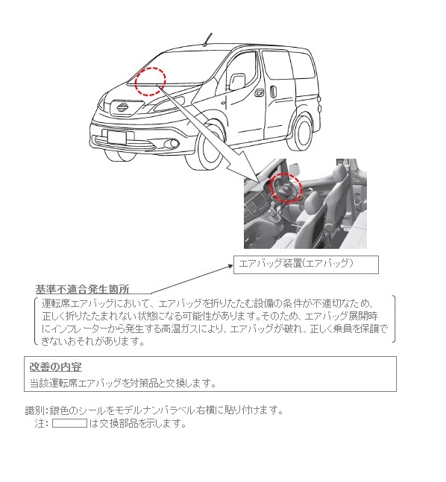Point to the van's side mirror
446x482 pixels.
click(x=237, y=80)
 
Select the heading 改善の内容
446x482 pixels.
click(x=55, y=367)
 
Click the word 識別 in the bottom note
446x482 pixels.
click(x=35, y=410)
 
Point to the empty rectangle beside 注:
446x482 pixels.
click(x=69, y=423)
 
